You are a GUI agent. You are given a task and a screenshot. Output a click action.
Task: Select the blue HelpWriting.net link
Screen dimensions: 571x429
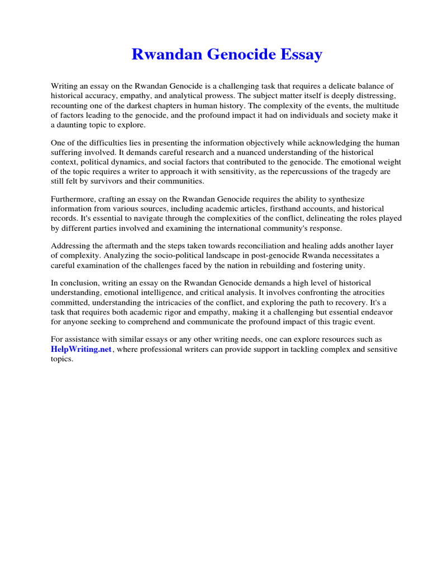click(82, 349)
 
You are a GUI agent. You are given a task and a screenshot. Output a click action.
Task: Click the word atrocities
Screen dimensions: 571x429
click(343, 292)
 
